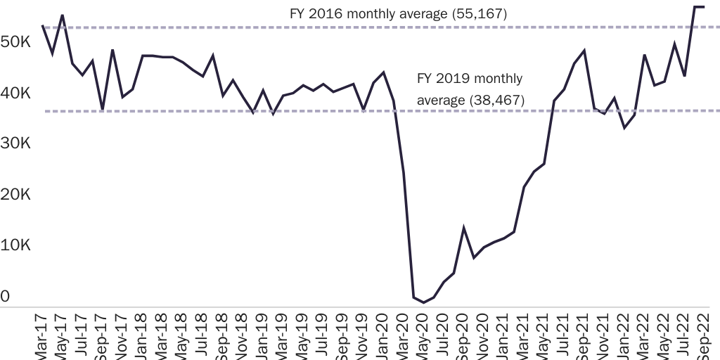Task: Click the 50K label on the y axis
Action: [15, 43]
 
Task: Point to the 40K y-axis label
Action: [15, 94]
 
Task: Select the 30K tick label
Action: [15, 144]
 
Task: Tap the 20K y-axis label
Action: [15, 195]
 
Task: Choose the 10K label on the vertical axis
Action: [15, 245]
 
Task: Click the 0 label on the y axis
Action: [5, 297]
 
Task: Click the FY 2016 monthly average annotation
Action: [398, 14]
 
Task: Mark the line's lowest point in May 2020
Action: [423, 302]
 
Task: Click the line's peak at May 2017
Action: [62, 15]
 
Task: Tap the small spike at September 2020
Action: [464, 228]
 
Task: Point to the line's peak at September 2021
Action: [584, 51]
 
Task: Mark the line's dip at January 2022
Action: [624, 127]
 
